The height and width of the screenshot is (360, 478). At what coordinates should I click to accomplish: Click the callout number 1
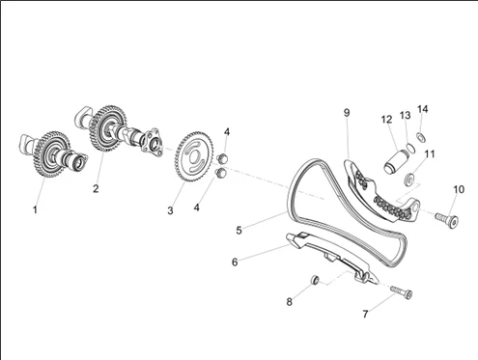[35, 209]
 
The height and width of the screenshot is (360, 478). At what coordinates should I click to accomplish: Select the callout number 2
[96, 188]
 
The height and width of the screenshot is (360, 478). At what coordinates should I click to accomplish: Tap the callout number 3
[170, 210]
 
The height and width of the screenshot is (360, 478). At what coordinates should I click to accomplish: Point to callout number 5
[239, 230]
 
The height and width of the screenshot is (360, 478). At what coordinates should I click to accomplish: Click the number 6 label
[235, 262]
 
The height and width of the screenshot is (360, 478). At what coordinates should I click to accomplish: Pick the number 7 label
[365, 314]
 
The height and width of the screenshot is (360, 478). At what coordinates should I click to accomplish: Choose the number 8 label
[290, 302]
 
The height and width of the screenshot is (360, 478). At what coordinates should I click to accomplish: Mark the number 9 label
[347, 113]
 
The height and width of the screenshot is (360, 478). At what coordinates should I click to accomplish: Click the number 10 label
[459, 189]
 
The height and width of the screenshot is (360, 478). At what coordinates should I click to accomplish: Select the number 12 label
[386, 120]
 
